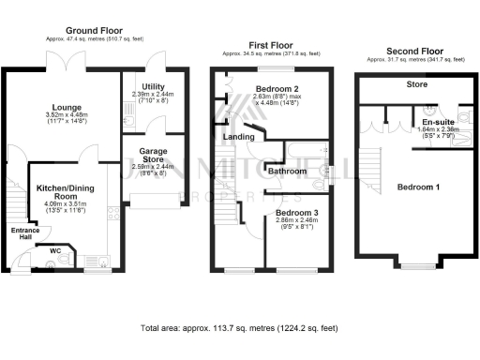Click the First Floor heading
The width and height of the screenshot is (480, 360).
269,44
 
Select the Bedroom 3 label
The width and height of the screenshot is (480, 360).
297,213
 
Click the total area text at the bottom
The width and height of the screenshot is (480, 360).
239,329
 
